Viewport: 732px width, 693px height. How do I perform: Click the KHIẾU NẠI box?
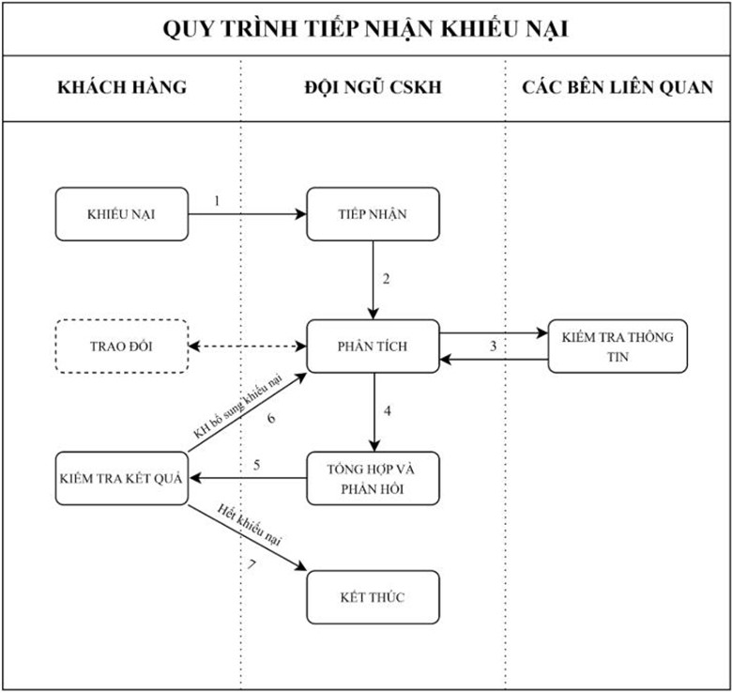click(122, 214)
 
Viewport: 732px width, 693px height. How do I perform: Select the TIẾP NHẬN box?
click(373, 214)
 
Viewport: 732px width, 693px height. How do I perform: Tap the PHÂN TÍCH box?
click(373, 346)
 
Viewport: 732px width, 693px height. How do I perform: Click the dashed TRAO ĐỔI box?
click(122, 346)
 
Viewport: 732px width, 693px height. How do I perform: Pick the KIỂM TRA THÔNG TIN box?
click(617, 346)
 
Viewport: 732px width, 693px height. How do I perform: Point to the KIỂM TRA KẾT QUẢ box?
click(122, 477)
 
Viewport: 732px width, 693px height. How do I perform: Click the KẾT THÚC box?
click(373, 597)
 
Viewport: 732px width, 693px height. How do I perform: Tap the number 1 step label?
click(217, 201)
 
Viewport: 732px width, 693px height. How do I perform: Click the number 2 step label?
click(386, 279)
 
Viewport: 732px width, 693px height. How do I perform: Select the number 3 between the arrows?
click(493, 346)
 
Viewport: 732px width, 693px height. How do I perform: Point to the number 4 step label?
click(387, 411)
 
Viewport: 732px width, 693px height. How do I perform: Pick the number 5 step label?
click(256, 464)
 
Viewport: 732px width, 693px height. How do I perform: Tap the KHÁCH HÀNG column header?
click(122, 87)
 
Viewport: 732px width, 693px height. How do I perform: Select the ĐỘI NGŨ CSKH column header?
click(373, 87)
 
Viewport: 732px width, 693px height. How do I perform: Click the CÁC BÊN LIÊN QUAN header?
click(618, 87)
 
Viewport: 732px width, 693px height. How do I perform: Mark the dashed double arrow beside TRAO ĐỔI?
click(248, 346)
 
